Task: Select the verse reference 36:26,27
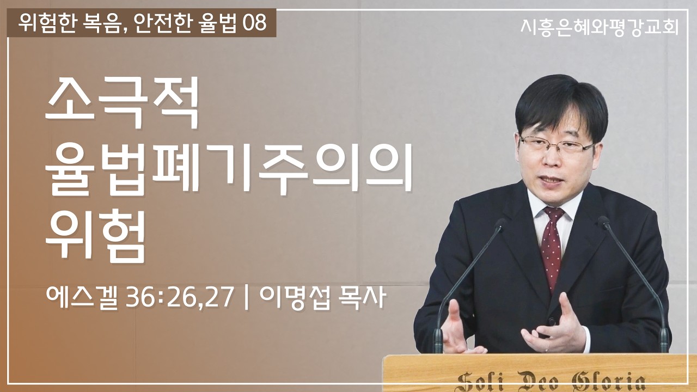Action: [180, 299]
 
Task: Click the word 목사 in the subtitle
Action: [365, 299]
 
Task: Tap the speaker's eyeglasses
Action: [555, 146]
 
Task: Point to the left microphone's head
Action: [500, 223]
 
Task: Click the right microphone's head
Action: [603, 222]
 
